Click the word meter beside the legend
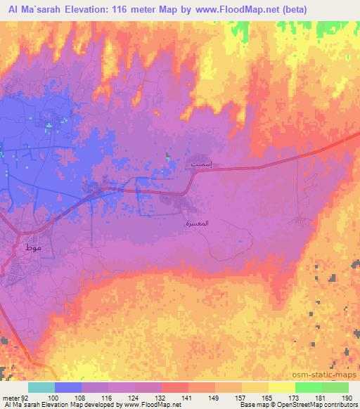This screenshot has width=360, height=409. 10,398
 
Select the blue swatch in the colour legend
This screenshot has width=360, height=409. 68,387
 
